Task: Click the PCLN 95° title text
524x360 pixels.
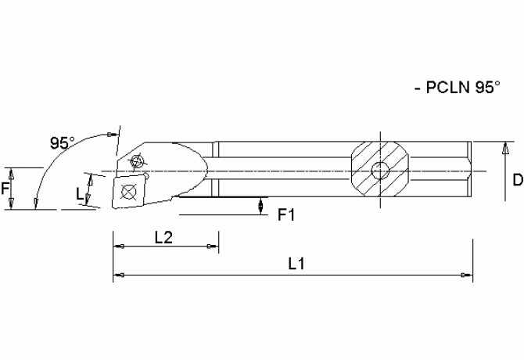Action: click(x=456, y=88)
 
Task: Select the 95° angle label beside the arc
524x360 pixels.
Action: click(x=63, y=143)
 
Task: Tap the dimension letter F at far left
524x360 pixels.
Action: click(x=5, y=189)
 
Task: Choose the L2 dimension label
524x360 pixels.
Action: click(x=163, y=238)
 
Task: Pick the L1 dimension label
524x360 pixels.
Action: click(x=296, y=265)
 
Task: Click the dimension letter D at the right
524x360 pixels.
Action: click(x=517, y=181)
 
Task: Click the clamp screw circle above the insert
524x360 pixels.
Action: click(x=138, y=162)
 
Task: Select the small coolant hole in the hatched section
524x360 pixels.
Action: click(x=380, y=171)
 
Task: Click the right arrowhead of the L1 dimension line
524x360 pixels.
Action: click(x=467, y=275)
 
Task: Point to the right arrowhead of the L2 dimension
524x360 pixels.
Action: click(x=213, y=247)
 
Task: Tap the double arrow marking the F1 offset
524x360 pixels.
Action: click(x=260, y=204)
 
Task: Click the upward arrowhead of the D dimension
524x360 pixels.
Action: click(x=501, y=147)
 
